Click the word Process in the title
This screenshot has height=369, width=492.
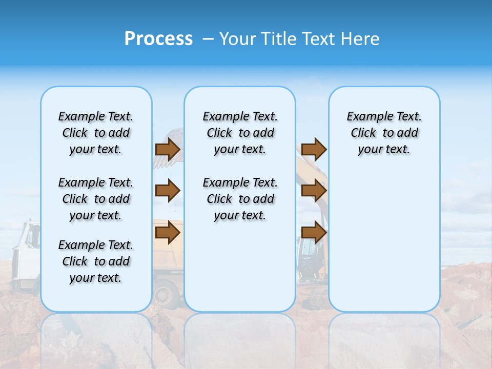pyautogui.click(x=158, y=38)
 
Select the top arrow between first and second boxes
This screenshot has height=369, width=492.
pyautogui.click(x=168, y=149)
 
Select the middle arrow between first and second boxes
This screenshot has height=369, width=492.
pyautogui.click(x=168, y=191)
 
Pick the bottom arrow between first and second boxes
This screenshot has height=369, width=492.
pyautogui.click(x=168, y=233)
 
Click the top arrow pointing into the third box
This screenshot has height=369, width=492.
pyautogui.click(x=314, y=149)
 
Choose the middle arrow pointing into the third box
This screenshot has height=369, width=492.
pyautogui.click(x=314, y=191)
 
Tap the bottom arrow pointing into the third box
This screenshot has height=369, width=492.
pyautogui.click(x=314, y=233)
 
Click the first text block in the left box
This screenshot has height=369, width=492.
pyautogui.click(x=96, y=133)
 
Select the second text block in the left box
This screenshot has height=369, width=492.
pyautogui.click(x=96, y=199)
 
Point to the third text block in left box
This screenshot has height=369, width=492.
pyautogui.click(x=96, y=261)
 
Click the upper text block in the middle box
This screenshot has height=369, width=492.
pyautogui.click(x=240, y=133)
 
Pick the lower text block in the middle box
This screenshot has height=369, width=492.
pyautogui.click(x=240, y=199)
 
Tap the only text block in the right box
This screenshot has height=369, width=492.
pyautogui.click(x=384, y=133)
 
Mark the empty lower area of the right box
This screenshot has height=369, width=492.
pyautogui.click(x=384, y=246)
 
